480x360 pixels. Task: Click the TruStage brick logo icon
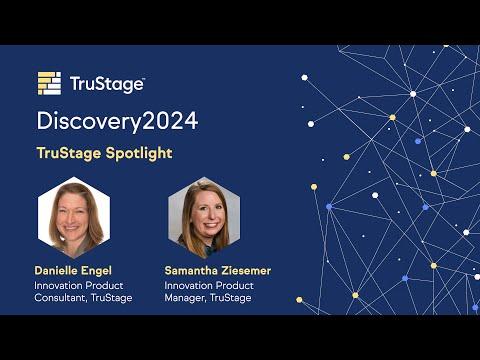click(x=49, y=83)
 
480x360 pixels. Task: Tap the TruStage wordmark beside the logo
click(x=107, y=84)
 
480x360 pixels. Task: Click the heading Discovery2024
click(x=117, y=122)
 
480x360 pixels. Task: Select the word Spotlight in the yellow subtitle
click(x=139, y=154)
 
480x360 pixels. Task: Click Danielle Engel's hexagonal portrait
click(x=74, y=217)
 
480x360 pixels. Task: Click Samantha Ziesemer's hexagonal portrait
click(x=204, y=217)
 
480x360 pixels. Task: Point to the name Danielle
click(x=56, y=270)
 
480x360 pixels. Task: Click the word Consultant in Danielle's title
click(x=61, y=298)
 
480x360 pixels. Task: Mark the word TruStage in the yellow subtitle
click(x=69, y=154)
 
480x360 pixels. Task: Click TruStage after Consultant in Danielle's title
click(x=112, y=298)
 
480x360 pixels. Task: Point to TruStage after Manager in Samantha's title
click(x=231, y=298)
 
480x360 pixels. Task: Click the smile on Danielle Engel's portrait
click(x=71, y=228)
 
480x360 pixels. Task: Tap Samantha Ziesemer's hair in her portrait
click(x=187, y=220)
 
